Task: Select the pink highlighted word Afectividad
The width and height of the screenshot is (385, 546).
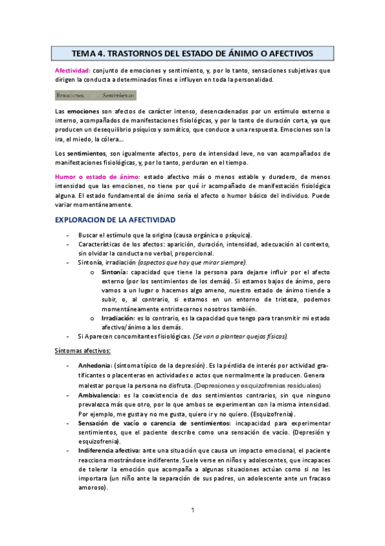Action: (71, 70)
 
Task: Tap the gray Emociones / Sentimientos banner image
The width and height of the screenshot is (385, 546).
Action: (95, 95)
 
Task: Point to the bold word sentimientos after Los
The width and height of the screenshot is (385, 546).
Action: (85, 153)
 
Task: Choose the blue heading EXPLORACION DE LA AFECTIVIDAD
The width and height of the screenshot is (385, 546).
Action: (115, 220)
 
